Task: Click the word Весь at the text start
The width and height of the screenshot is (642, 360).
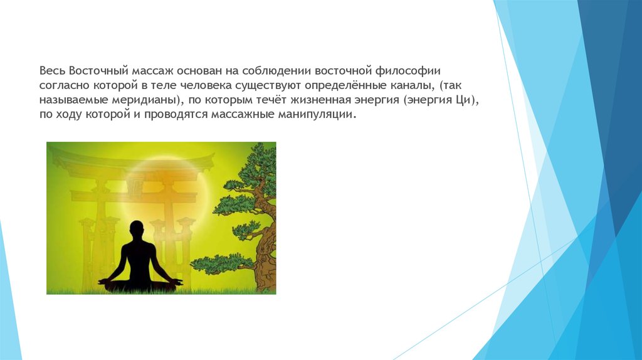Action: (x=53, y=71)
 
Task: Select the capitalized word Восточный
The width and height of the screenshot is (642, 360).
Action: (x=98, y=71)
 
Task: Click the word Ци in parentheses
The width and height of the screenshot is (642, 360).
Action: (x=463, y=100)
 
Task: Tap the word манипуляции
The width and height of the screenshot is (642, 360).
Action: (x=315, y=115)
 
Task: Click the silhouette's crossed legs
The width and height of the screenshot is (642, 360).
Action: (x=140, y=284)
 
